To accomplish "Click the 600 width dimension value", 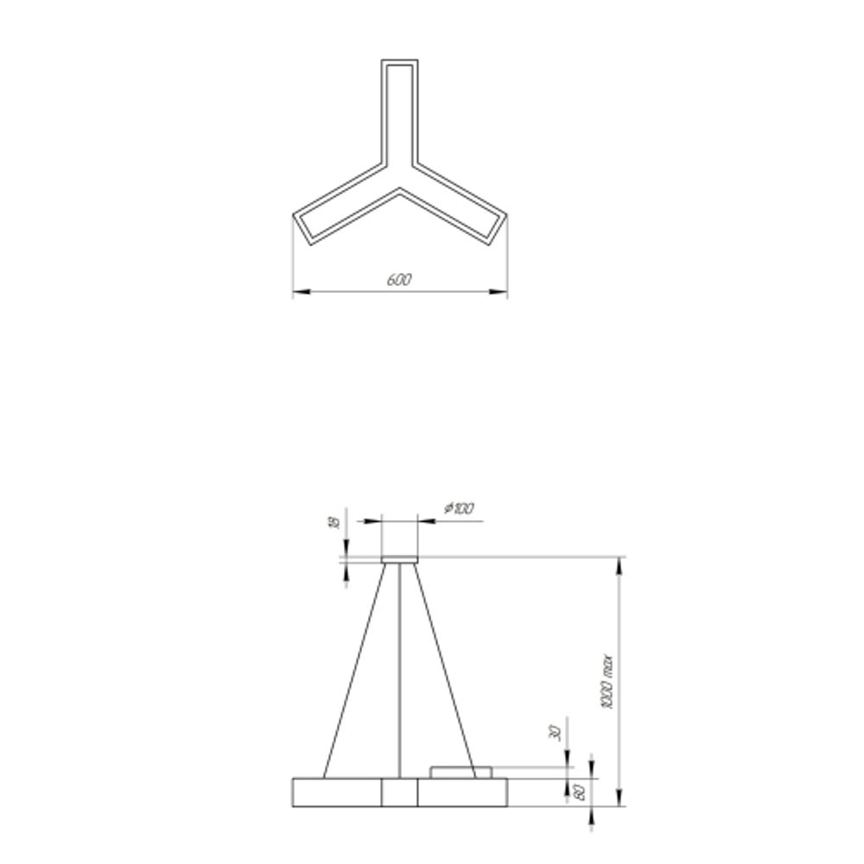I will [x=399, y=279].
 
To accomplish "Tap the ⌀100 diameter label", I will [x=459, y=509].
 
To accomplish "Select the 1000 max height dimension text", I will [x=607, y=682].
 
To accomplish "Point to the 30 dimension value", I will [x=556, y=733].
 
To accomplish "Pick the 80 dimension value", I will [x=580, y=791].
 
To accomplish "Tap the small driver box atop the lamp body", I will [x=462, y=771].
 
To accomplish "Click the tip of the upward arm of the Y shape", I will [x=400, y=63].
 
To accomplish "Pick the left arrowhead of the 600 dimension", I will [x=298, y=293].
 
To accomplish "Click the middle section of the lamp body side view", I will [x=400, y=791].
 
